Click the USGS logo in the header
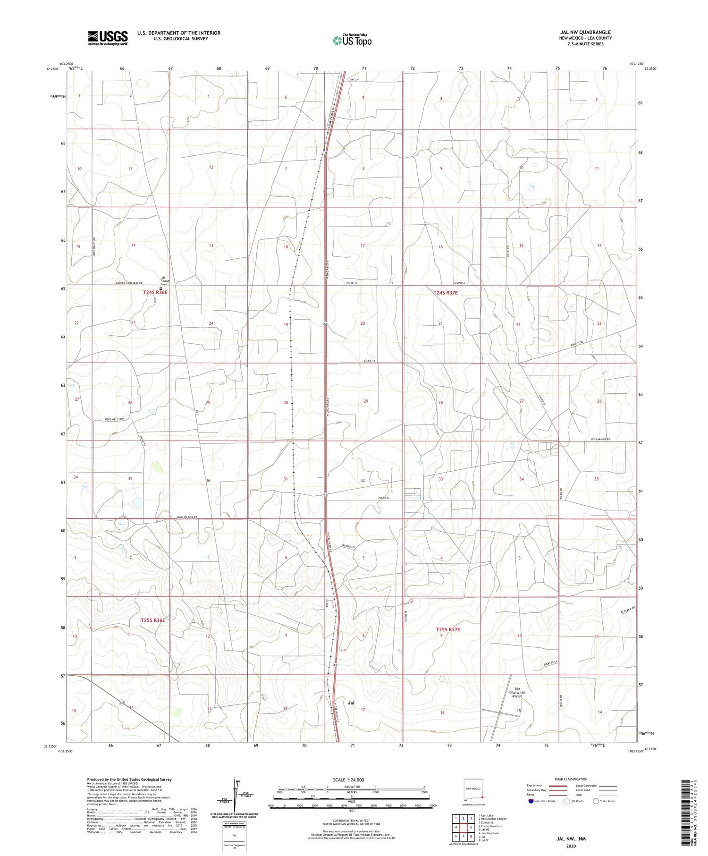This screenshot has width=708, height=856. (x=108, y=38)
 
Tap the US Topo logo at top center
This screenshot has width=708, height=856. (x=352, y=40)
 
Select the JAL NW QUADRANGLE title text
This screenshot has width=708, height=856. (x=583, y=32)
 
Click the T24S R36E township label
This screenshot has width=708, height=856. (x=155, y=293)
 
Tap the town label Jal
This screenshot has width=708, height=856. (x=351, y=703)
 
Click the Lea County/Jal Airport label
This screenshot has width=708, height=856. (x=517, y=693)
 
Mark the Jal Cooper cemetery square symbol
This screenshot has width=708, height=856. (x=161, y=288)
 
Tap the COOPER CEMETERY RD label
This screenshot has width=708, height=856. (x=129, y=283)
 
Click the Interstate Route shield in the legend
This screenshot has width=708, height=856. (x=531, y=801)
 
